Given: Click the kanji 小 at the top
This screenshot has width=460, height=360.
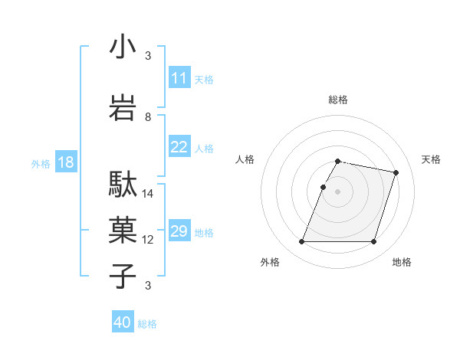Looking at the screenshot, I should click(x=123, y=48).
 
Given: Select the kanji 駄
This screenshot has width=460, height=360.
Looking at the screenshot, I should click(x=123, y=185).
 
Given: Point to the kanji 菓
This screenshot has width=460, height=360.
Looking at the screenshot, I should click(x=123, y=230).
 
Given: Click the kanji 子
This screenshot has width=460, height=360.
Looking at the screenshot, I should click(x=123, y=277).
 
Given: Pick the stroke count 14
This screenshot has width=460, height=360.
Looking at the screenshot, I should click(x=148, y=194).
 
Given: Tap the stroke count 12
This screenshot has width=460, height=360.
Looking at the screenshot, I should click(x=148, y=240).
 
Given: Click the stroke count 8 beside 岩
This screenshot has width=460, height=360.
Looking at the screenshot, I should click(x=148, y=117).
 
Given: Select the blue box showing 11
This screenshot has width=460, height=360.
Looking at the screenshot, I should click(x=179, y=78).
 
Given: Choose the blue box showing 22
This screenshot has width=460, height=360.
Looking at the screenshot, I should click(x=179, y=147).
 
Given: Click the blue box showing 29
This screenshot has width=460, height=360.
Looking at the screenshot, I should click(x=179, y=231).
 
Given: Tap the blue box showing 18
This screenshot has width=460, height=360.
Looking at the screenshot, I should click(x=65, y=162).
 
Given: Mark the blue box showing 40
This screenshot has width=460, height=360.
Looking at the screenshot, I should click(x=123, y=322).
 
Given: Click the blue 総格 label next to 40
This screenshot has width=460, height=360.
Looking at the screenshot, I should click(x=147, y=324).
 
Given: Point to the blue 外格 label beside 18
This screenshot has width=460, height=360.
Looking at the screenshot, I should click(x=41, y=163).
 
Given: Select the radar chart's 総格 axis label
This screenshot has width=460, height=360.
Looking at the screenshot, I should click(x=338, y=100).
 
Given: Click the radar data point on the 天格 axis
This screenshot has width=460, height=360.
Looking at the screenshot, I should click(x=396, y=173).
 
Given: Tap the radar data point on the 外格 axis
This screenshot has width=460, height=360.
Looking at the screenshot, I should click(x=302, y=242).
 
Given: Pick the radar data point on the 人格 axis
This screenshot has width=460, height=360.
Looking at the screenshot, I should click(x=324, y=187).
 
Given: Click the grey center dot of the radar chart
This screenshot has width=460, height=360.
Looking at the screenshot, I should click(x=338, y=191).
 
